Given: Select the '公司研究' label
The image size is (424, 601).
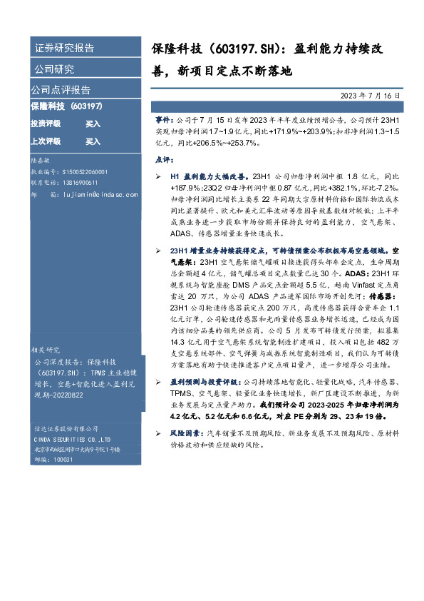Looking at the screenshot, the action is click(54, 69).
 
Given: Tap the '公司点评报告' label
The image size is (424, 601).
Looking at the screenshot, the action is click(61, 90).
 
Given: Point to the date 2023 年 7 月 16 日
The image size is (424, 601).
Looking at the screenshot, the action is click(366, 95).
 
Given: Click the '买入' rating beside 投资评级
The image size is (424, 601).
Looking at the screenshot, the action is click(93, 123).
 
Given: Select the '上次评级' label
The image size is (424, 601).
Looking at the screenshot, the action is click(45, 141).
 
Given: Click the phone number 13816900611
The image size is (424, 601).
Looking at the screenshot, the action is click(78, 183).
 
